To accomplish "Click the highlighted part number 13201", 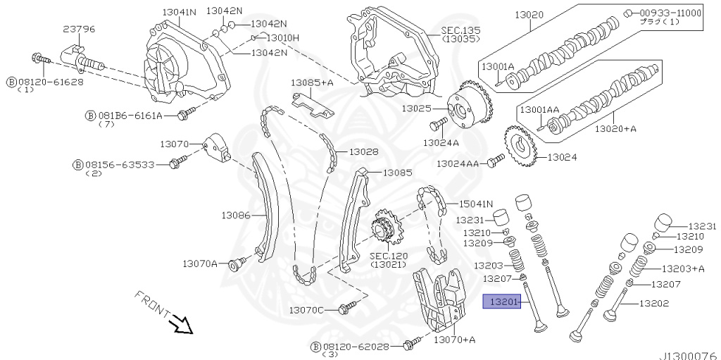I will tap(501, 302).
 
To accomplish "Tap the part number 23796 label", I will tap(79, 29).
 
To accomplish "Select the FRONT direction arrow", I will tap(182, 324).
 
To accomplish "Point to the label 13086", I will tap(236, 215).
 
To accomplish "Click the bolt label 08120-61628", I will tap(50, 82).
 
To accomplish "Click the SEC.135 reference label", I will tap(460, 31).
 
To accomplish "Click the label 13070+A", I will tap(454, 340).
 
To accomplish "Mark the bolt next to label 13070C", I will tap(345, 307).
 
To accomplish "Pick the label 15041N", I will tap(476, 204).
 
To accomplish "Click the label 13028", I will tap(363, 152).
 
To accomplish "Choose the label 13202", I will tap(654, 304).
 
